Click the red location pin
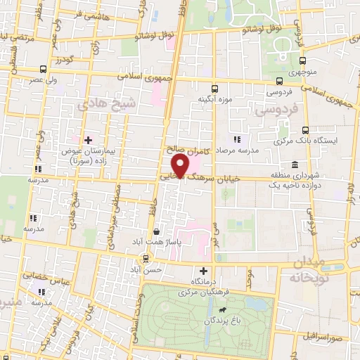pyautogui.click(x=182, y=166)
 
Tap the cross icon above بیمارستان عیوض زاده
pyautogui.click(x=87, y=141)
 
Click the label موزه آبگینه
pyautogui.click(x=214, y=98)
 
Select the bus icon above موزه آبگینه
pyautogui.click(x=215, y=88)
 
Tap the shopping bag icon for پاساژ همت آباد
pyautogui.click(x=155, y=231)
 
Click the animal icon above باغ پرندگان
pyautogui.click(x=223, y=309)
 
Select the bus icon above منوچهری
pyautogui.click(x=302, y=60)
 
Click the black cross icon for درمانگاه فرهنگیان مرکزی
pyautogui.click(x=204, y=271)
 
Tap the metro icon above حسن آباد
pyautogui.click(x=146, y=257)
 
